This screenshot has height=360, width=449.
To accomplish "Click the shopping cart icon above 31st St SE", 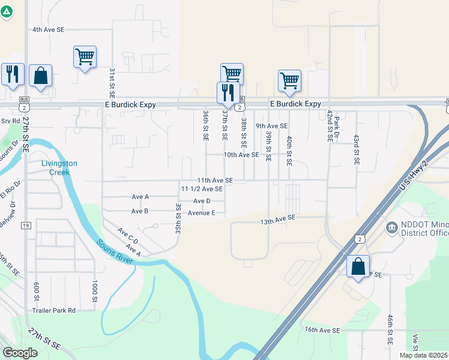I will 85,58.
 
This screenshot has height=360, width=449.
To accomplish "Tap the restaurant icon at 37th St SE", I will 226,92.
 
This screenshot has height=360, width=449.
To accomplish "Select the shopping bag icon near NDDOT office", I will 358,266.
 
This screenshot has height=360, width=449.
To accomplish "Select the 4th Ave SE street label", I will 48,29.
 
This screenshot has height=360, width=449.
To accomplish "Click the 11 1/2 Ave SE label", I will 202,188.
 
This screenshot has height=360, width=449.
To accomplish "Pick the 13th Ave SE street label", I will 278,221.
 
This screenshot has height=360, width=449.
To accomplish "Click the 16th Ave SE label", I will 322,330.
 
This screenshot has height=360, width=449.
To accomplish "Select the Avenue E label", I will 206,212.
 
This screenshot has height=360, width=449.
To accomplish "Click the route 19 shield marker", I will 25,226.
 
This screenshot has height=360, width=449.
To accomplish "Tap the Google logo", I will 20,353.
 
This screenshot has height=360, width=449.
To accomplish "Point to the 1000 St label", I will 95,290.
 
